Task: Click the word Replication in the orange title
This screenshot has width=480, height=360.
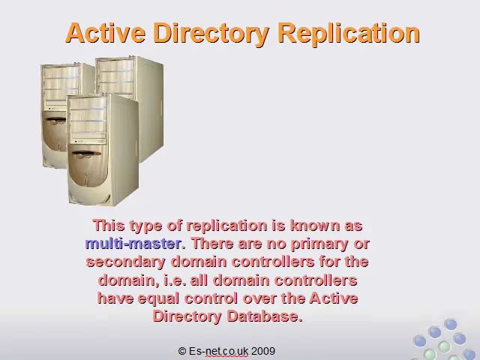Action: point(348,33)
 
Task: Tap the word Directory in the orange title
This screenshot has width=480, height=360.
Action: point(211,33)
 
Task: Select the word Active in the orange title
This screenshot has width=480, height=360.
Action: point(105,32)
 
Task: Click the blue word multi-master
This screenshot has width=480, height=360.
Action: point(133,244)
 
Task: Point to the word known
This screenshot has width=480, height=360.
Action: point(314,226)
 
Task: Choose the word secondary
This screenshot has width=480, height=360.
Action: point(125,262)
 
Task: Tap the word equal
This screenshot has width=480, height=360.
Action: point(158,299)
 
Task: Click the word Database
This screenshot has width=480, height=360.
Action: point(265,316)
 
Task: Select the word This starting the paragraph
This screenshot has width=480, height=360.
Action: point(109,226)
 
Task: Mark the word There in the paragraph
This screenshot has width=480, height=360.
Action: point(211,244)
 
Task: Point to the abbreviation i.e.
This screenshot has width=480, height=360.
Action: point(175,280)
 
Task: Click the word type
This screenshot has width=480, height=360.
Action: point(145,226)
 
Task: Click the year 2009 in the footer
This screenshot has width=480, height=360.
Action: point(263,351)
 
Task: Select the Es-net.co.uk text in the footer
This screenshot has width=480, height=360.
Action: point(218,351)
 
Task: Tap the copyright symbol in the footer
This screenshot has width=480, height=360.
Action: point(182,351)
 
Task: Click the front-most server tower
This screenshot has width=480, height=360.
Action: point(103,150)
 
